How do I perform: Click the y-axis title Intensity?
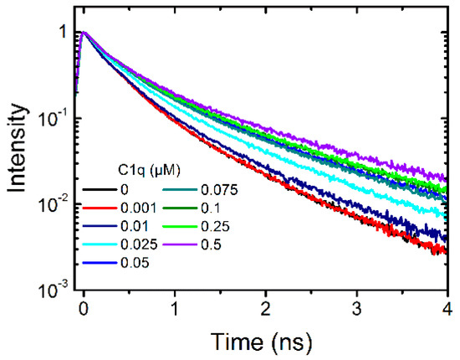pyautogui.click(x=18, y=152)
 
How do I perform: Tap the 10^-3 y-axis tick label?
pyautogui.click(x=56, y=289)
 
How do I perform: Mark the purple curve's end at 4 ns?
pyautogui.click(x=446, y=178)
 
